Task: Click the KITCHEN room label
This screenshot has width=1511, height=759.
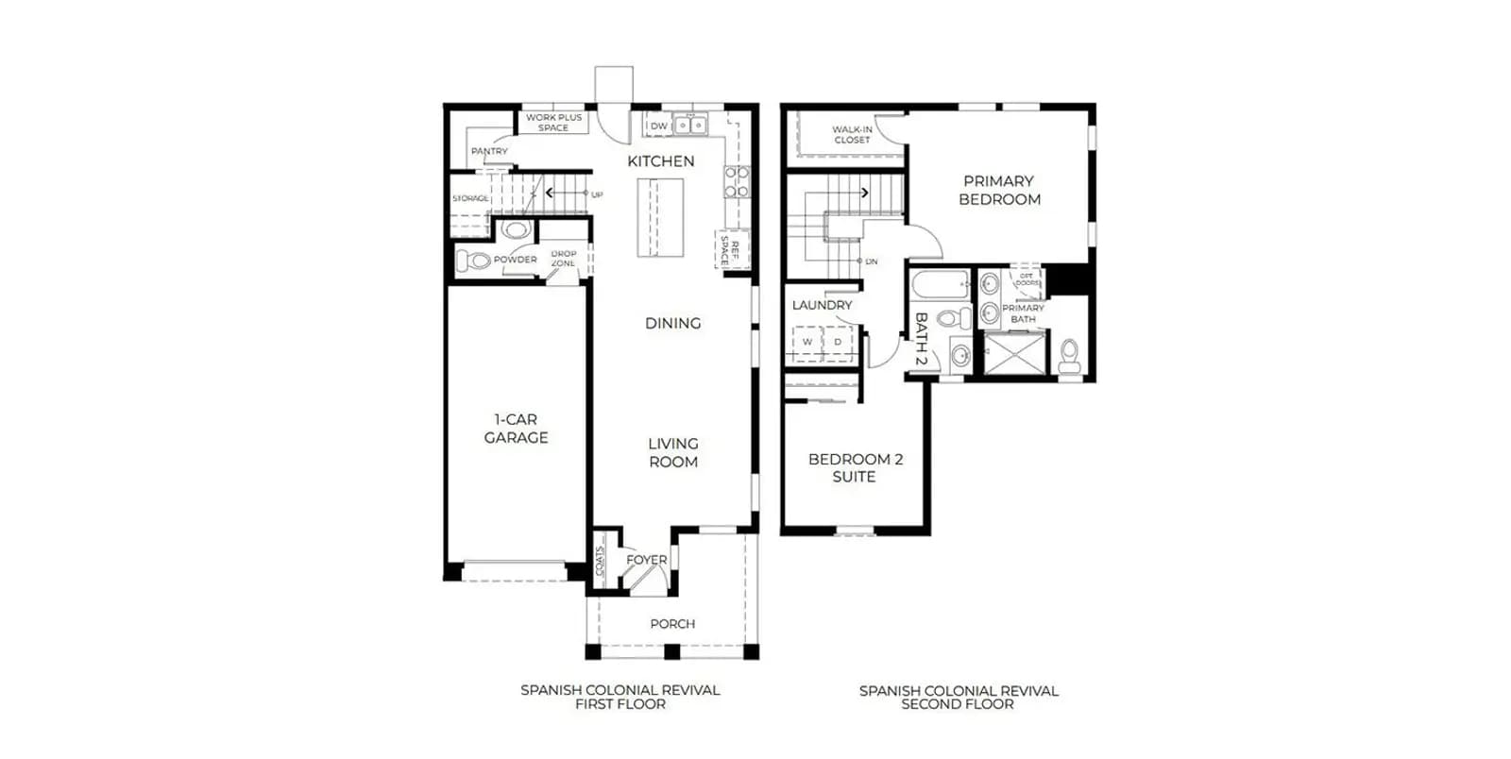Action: [x=660, y=161]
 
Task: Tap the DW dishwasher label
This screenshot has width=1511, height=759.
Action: [x=658, y=126]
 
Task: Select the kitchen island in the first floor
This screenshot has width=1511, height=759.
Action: [x=660, y=217]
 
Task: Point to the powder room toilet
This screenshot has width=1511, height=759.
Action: [x=473, y=261]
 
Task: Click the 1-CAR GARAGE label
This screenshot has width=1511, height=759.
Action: [x=516, y=429]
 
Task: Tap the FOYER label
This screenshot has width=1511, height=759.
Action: [x=646, y=560]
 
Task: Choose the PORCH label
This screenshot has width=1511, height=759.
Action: [x=672, y=623]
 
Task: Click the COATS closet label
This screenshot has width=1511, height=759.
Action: [x=600, y=561]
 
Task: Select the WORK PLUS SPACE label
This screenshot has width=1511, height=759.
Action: [x=553, y=122]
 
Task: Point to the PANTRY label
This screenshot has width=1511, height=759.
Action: [x=489, y=151]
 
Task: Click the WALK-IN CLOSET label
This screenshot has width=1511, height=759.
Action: [x=852, y=134]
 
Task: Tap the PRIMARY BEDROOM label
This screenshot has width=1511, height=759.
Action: [x=999, y=190]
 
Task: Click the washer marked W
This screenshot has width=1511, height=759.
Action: [x=807, y=342]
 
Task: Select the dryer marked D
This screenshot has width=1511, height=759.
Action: [x=838, y=342]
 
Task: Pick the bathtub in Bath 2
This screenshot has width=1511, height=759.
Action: [x=941, y=285]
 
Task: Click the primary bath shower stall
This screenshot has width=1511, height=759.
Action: [x=1014, y=352]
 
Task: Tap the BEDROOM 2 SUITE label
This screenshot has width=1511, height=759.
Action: [x=855, y=468]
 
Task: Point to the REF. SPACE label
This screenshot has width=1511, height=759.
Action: [x=730, y=249]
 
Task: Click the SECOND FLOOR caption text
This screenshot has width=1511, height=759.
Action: [x=958, y=704]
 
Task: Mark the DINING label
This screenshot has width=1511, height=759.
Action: [x=672, y=324]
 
